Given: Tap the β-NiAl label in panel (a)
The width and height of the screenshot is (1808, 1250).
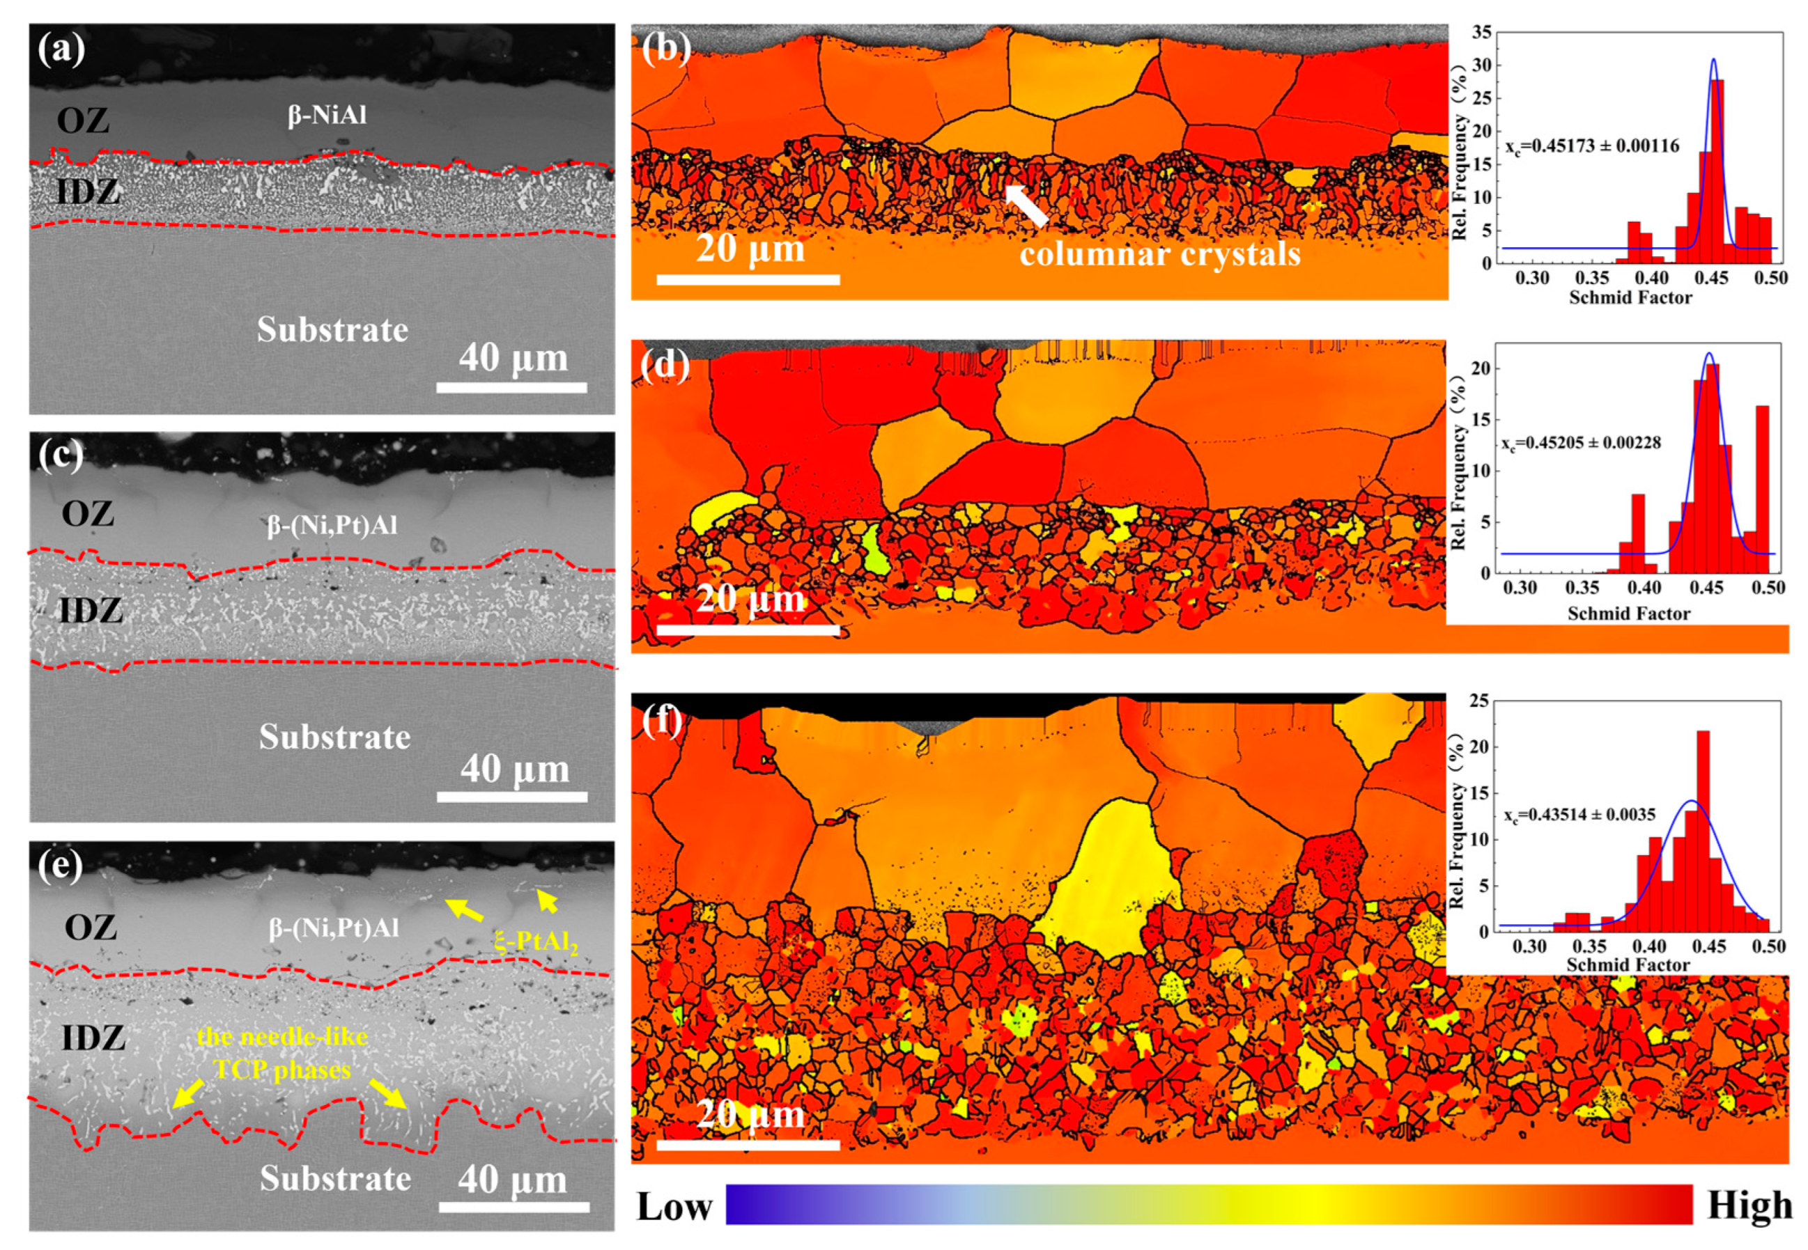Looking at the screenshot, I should tap(327, 116).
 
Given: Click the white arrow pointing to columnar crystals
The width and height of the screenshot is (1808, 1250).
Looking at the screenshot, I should tap(1027, 205).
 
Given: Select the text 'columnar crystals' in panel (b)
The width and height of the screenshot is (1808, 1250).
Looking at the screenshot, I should tap(1159, 253).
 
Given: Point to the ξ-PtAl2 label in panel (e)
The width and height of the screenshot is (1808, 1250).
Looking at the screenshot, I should tap(536, 941).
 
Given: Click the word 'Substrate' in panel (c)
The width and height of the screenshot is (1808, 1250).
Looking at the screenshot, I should tap(334, 737).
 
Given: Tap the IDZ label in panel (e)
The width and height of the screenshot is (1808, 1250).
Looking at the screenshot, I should tap(93, 1038).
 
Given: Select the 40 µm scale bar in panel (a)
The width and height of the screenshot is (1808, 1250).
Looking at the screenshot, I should tap(511, 387).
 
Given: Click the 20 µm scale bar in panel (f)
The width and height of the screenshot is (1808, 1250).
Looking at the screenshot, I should tap(748, 1145).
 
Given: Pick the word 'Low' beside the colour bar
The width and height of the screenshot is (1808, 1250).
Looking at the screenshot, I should tap(674, 1207).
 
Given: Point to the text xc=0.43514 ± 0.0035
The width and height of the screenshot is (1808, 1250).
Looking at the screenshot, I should tap(1579, 815).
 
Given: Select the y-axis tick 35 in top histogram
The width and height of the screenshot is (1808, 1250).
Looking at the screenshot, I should tap(1481, 33).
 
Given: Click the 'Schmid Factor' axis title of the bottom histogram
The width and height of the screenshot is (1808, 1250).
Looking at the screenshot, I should tap(1628, 965).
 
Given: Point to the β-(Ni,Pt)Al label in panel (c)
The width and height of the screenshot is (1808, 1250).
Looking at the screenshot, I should tap(332, 526).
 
